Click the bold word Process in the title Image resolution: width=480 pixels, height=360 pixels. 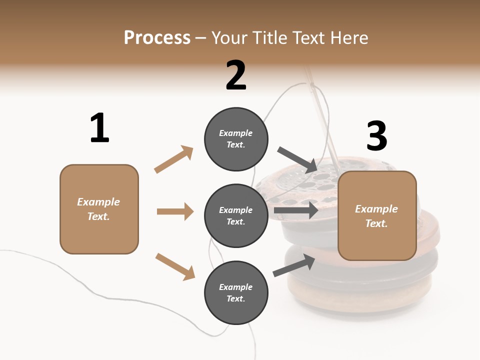tap(157, 37)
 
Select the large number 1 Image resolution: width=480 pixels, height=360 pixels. tap(99, 128)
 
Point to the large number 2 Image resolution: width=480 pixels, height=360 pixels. tap(236, 76)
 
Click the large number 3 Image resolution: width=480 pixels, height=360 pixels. tap(376, 136)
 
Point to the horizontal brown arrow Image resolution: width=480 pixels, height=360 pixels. tap(175, 211)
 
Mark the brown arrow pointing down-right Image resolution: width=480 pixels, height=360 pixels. tap(175, 266)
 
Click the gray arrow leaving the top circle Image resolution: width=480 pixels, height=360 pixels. tap(297, 159)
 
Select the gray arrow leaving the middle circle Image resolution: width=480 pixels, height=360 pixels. tap(295, 210)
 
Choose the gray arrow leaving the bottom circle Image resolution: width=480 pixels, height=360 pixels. tap(294, 265)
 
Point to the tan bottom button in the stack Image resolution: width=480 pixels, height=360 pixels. tap(350, 295)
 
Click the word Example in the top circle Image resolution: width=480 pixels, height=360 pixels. tap(236, 133)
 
